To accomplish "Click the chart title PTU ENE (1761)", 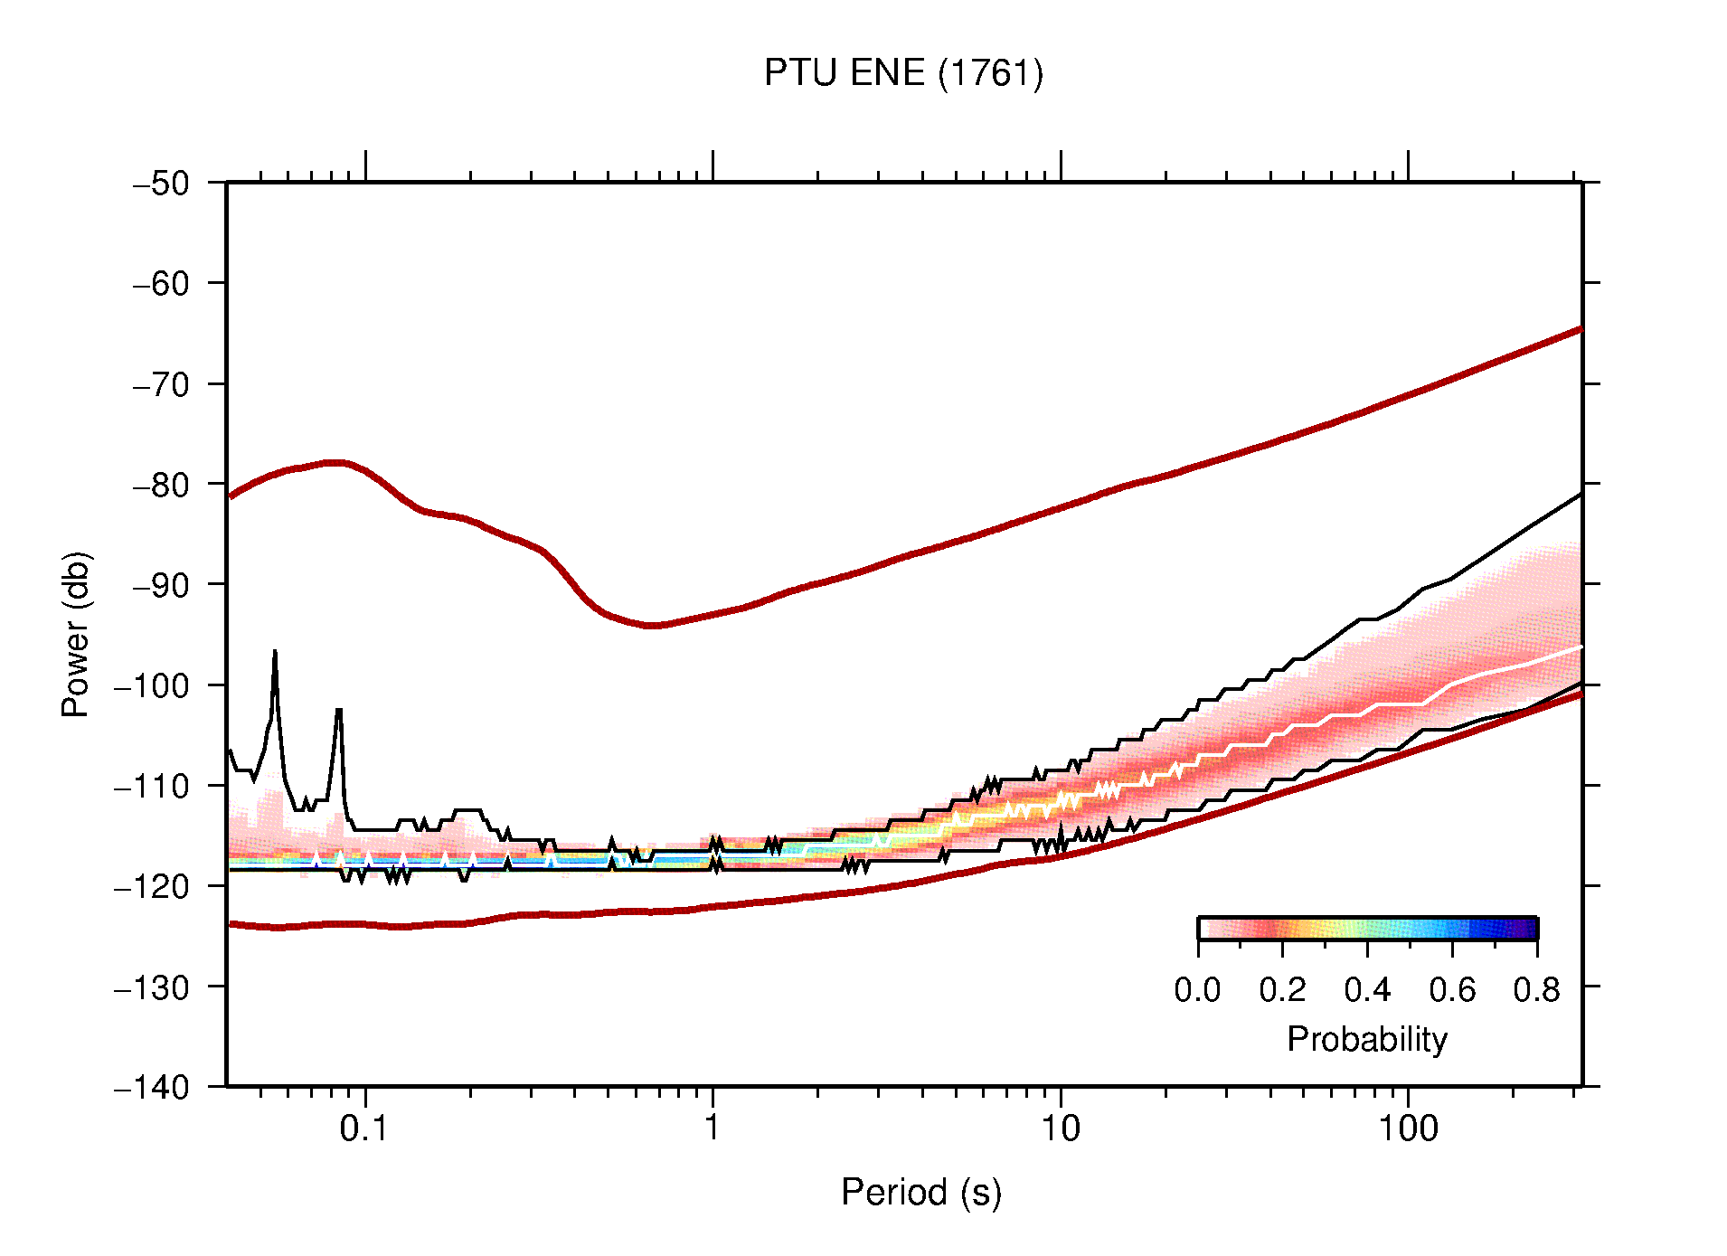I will tap(903, 73).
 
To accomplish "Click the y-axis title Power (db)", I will tap(77, 634).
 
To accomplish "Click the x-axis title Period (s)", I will tap(920, 1193).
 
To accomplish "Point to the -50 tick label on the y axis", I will tap(162, 184).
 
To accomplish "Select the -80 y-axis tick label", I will tap(162, 485).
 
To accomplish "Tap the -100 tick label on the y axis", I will tap(153, 685).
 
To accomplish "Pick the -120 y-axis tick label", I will tap(153, 886).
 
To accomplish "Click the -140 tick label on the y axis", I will tap(153, 1087).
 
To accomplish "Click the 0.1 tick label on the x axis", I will tap(363, 1129).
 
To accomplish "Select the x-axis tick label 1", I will tap(713, 1129).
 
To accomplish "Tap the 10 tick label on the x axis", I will tap(1060, 1129).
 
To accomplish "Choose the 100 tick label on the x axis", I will tap(1408, 1129).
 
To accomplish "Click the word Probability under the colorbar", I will tap(1366, 1040).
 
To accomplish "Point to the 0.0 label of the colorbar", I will tap(1197, 991).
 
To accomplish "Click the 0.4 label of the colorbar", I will tap(1367, 991).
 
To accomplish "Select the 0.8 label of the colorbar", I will tap(1536, 991).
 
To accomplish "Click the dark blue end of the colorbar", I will tap(1528, 929).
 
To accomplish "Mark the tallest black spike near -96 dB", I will tap(275, 652).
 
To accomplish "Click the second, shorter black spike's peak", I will tap(339, 711).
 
